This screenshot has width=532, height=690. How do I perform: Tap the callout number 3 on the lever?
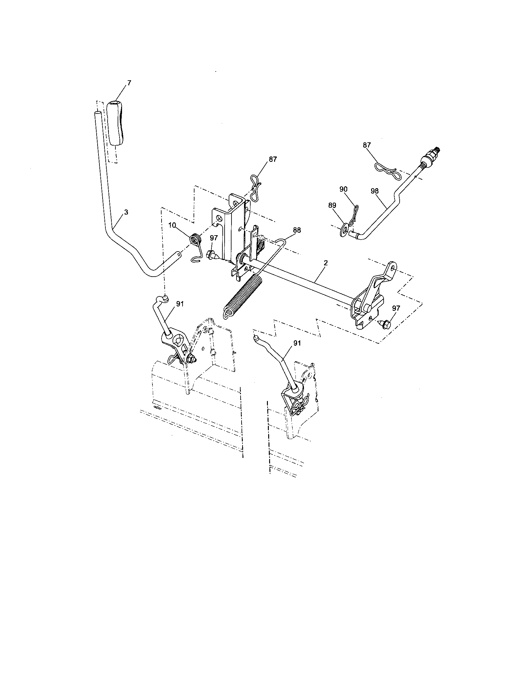126,212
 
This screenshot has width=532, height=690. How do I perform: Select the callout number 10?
172,225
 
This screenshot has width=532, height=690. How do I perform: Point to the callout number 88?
297,230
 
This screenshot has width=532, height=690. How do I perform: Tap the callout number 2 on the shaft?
326,263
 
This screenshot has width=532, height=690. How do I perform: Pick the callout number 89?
332,205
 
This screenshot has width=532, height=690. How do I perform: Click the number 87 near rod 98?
367,145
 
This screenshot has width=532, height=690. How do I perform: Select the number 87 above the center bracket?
272,159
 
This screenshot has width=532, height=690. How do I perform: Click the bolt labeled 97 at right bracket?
385,324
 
